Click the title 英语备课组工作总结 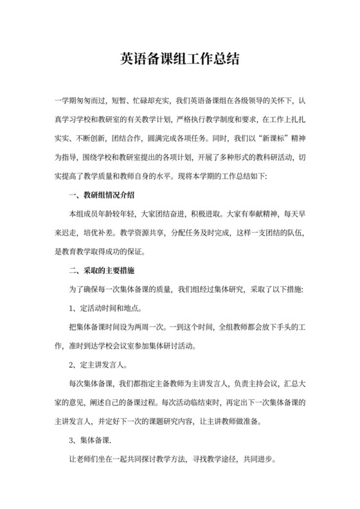(180, 59)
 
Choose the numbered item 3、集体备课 (91, 442)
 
